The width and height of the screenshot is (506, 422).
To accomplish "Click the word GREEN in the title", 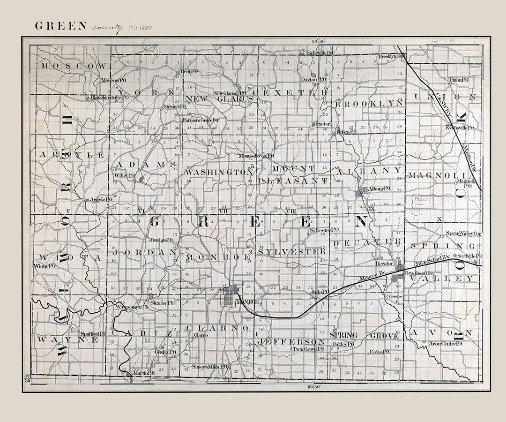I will pyautogui.click(x=61, y=26).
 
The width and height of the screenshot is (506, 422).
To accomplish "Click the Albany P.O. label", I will pyautogui.click(x=379, y=188).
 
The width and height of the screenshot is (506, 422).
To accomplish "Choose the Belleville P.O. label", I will pyautogui.click(x=320, y=53).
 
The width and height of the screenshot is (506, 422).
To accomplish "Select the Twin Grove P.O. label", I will pyautogui.click(x=308, y=349).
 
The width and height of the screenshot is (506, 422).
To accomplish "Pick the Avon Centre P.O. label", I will pyautogui.click(x=446, y=344).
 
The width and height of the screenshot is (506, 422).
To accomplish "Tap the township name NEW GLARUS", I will pyautogui.click(x=220, y=99).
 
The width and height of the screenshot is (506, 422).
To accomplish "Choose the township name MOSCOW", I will pyautogui.click(x=74, y=66).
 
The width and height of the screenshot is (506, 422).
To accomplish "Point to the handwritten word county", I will pyautogui.click(x=107, y=27).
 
